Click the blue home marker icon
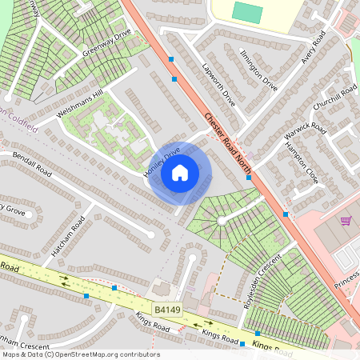(180, 172)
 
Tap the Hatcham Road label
(68, 237)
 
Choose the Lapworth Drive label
(218, 86)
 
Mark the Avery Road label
(309, 50)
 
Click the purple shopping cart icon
(346, 220)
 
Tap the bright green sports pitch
(247, 12)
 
